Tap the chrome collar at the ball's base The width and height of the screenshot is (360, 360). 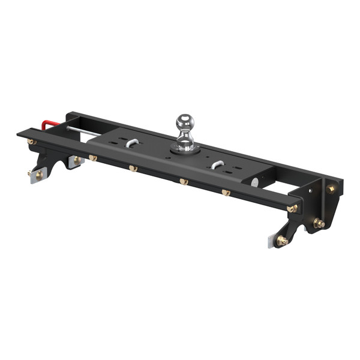(185, 146)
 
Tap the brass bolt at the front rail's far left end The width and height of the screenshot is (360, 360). (32, 142)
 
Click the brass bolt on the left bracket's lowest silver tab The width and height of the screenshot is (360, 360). (38, 174)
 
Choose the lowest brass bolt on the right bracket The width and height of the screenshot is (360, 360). (281, 240)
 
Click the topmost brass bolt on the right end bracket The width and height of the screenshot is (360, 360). (330, 188)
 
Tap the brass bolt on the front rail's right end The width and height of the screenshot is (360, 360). (292, 209)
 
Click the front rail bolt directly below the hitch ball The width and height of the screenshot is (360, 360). (184, 181)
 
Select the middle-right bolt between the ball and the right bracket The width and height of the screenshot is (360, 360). (226, 192)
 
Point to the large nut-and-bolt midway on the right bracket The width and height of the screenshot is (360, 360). (319, 223)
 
